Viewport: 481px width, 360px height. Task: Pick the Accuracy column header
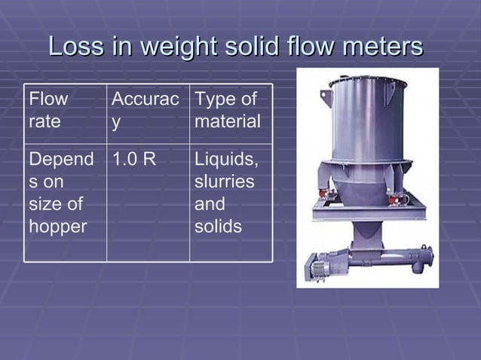click(x=146, y=110)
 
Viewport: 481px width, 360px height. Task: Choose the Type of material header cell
click(x=228, y=110)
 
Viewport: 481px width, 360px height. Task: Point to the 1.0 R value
click(x=134, y=159)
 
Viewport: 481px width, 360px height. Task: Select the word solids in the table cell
click(x=218, y=225)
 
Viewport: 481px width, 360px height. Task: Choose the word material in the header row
click(x=228, y=121)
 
